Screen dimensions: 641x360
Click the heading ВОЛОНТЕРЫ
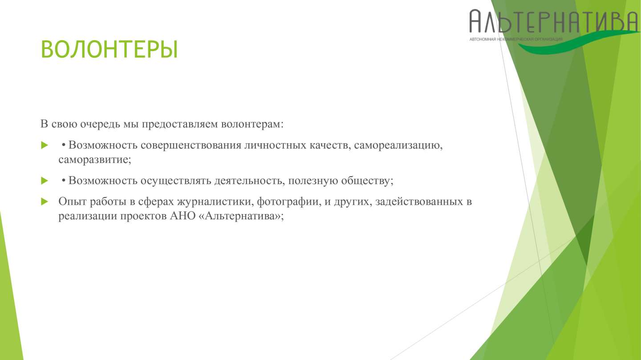110,49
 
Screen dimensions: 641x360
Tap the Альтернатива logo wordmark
554,21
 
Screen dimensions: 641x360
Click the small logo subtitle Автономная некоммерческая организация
516,39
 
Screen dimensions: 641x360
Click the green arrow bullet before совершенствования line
45,145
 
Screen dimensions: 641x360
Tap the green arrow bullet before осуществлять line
45,181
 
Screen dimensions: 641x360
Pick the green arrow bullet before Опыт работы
45,202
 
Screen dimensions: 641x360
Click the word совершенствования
191,146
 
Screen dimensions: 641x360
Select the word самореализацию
397,146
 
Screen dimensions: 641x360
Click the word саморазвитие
93,159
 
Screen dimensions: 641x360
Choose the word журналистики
214,202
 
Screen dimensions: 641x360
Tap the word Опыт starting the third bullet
73,202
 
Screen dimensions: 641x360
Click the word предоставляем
180,124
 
